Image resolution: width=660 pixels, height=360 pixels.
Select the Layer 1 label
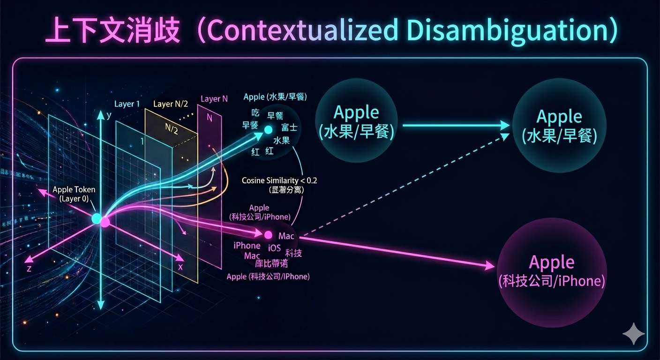tap(127, 104)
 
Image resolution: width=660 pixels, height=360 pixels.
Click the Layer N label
tap(214, 99)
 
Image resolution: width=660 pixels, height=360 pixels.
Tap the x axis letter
tap(180, 267)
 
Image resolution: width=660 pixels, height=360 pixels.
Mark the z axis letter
tap(29, 268)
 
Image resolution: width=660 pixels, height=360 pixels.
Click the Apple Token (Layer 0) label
tap(74, 194)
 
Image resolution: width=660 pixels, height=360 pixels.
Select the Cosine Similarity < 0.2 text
tap(280, 180)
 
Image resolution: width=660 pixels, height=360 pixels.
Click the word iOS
tap(274, 247)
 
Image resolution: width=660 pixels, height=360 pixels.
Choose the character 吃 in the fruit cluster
tap(255, 113)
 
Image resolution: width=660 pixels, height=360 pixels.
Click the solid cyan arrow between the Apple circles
tap(455, 125)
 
